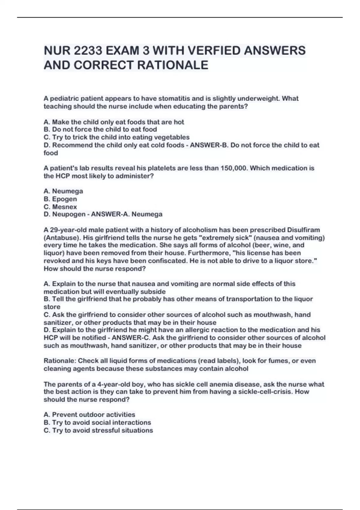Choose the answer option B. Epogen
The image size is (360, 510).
[60, 199]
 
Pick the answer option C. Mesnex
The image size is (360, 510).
[60, 207]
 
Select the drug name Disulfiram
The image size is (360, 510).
[304, 230]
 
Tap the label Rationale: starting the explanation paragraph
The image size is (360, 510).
[59, 361]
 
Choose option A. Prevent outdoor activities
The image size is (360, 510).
[89, 415]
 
